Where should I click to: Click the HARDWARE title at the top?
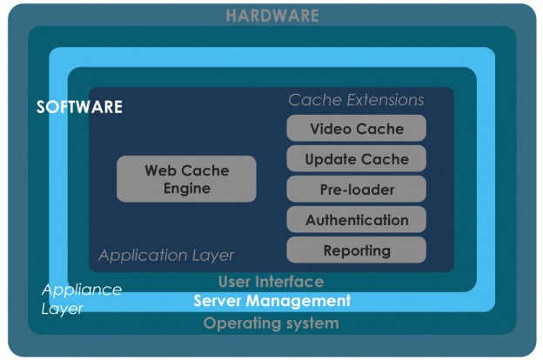(271, 16)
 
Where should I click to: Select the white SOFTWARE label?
(79, 107)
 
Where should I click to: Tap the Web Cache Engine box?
(187, 179)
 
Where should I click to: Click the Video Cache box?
(357, 129)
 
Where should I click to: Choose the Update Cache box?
(357, 159)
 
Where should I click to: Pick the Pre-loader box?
(357, 190)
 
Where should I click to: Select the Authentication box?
(357, 220)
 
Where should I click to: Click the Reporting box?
(357, 250)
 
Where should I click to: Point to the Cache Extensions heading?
(357, 100)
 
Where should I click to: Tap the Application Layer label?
(166, 256)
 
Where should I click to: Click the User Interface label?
(271, 282)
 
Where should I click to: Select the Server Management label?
(271, 301)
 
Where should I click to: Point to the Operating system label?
(271, 323)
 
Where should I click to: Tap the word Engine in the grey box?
(187, 188)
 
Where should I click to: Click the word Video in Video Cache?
(331, 129)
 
